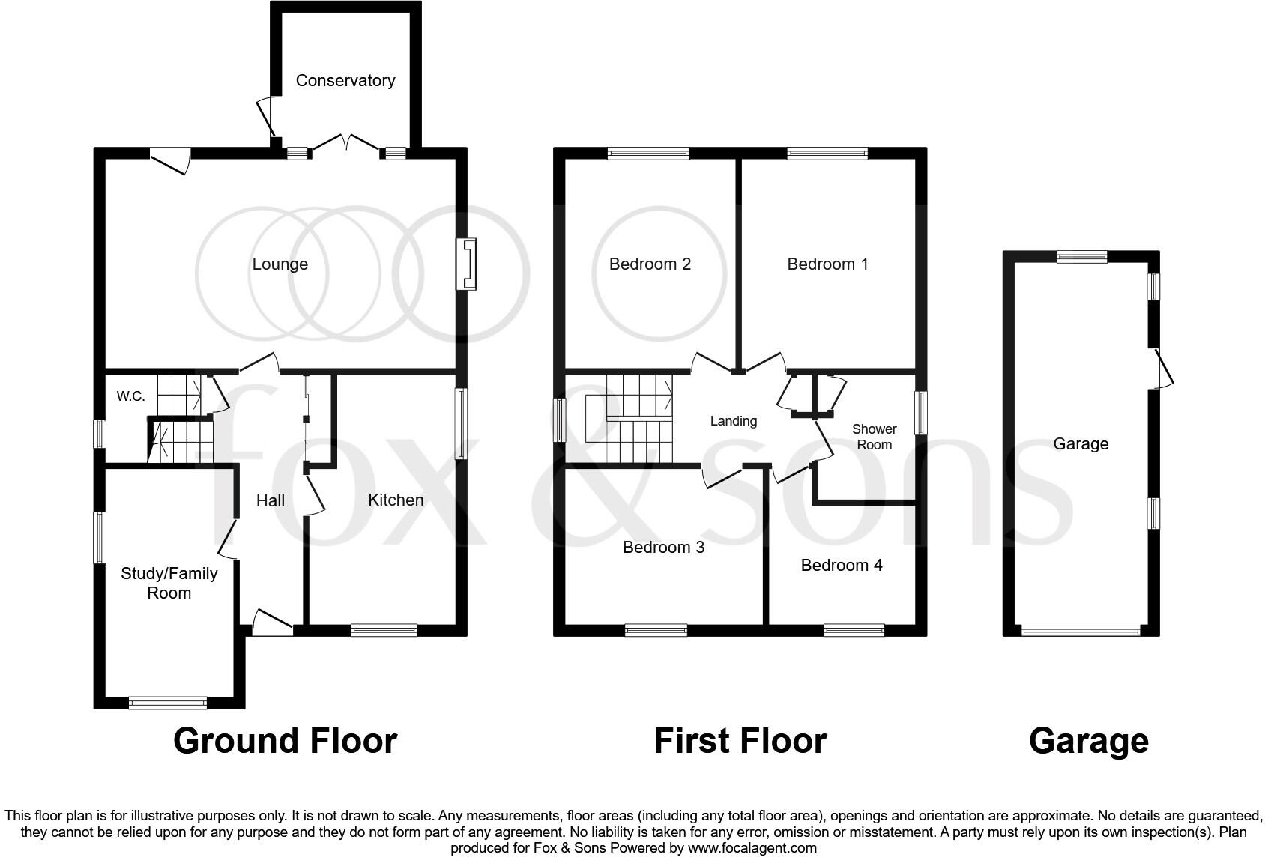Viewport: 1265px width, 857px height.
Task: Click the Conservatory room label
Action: (x=345, y=80)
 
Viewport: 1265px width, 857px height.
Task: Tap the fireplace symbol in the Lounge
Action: (x=468, y=264)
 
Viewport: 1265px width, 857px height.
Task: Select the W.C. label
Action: (x=131, y=396)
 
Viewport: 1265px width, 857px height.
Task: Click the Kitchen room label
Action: (x=396, y=500)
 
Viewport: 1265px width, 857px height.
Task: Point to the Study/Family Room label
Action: (x=169, y=583)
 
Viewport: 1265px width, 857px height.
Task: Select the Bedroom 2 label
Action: (x=650, y=264)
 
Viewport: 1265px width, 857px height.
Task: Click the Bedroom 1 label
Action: (x=827, y=264)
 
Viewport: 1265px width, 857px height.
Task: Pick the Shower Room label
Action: (x=874, y=437)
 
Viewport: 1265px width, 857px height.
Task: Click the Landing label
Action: (x=733, y=421)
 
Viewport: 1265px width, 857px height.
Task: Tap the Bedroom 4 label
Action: (x=842, y=565)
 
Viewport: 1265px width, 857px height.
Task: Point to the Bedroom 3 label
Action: (x=663, y=547)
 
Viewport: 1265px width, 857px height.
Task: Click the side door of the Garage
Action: (x=1163, y=369)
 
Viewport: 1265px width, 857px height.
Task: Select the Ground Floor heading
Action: (x=285, y=741)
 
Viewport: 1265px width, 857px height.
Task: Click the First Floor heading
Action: (x=740, y=741)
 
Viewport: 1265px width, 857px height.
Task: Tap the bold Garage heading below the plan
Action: (x=1088, y=741)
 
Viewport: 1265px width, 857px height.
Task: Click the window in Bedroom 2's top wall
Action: (x=648, y=154)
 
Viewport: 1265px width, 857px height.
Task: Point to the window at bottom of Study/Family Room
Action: (x=168, y=703)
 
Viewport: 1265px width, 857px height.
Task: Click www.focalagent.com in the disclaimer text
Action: (x=751, y=848)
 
